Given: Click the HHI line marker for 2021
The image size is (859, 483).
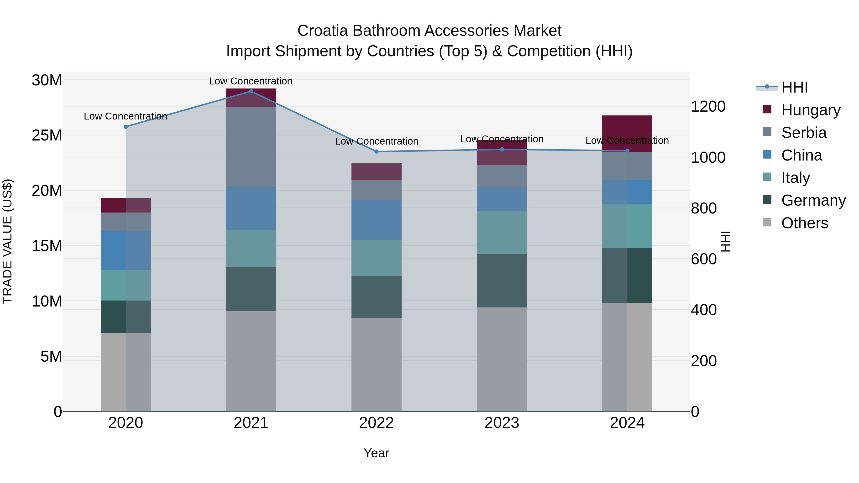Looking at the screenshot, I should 251,91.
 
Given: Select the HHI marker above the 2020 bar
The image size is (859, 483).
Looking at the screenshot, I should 126,127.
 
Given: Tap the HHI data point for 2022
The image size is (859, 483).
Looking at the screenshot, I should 377,152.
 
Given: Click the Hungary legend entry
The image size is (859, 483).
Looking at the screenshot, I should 811,110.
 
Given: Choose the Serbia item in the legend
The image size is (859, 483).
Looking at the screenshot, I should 804,133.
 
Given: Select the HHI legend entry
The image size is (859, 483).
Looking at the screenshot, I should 794,87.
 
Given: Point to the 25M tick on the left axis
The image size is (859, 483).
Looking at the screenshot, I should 47,135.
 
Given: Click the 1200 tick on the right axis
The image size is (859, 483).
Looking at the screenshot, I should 708,107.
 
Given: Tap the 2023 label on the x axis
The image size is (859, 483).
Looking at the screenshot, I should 502,423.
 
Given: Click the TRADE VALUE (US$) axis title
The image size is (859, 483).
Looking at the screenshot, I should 7,241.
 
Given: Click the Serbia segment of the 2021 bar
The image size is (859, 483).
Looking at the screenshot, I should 251,147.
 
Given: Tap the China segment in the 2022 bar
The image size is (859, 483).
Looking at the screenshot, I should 377,220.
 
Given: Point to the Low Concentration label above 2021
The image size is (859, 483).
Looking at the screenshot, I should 251,81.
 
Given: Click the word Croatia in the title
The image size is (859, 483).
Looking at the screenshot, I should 322,31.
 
